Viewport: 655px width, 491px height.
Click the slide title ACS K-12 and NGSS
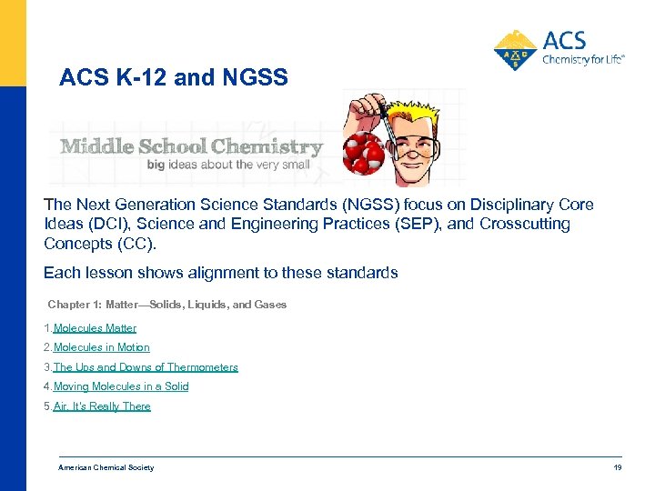coord(173,78)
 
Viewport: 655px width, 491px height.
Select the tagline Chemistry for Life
coord(583,61)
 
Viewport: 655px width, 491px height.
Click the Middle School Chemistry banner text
coord(191,146)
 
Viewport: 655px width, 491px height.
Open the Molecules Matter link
coord(95,328)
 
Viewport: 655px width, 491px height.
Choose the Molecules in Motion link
coord(101,347)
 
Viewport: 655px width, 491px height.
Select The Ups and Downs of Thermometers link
coord(146,367)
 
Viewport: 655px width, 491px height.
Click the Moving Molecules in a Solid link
coord(121,386)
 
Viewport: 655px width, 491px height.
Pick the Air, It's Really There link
coord(102,406)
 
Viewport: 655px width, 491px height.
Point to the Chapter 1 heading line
coord(166,305)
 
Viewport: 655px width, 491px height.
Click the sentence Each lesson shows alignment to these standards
coord(221,272)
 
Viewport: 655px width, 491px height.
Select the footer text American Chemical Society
coord(106,467)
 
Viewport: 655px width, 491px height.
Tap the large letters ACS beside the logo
coord(564,40)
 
